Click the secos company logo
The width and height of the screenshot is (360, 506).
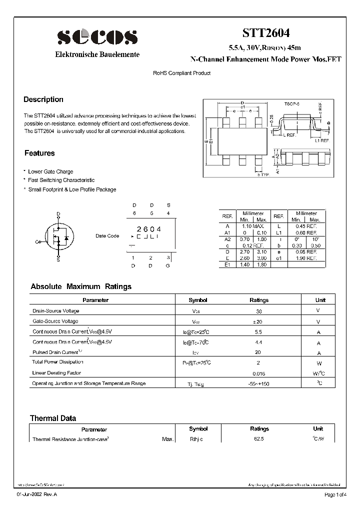point(97,36)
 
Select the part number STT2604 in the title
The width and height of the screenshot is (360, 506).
point(265,33)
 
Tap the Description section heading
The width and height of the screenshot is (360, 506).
point(43,99)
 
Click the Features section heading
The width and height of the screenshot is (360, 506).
point(39,153)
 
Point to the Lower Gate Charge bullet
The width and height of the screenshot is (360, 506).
point(50,171)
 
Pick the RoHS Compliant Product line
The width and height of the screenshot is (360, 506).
point(181,73)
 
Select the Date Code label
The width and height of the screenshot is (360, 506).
point(107,236)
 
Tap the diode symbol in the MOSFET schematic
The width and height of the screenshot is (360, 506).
point(67,236)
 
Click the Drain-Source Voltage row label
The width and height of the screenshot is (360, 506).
point(55,310)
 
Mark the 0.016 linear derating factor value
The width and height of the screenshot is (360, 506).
point(259,373)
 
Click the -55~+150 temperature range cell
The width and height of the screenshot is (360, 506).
point(259,384)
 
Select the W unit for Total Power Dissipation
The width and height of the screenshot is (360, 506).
point(318,363)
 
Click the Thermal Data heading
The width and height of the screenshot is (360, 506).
point(53,418)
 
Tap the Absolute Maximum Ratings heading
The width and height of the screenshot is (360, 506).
point(81,286)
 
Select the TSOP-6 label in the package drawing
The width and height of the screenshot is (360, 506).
point(291,103)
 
